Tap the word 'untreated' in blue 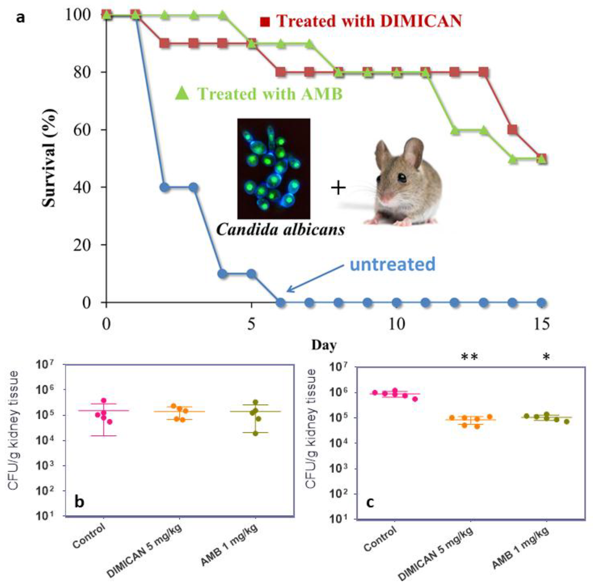click(392, 264)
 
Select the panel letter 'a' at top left click(21, 18)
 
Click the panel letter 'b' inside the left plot click(79, 502)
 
